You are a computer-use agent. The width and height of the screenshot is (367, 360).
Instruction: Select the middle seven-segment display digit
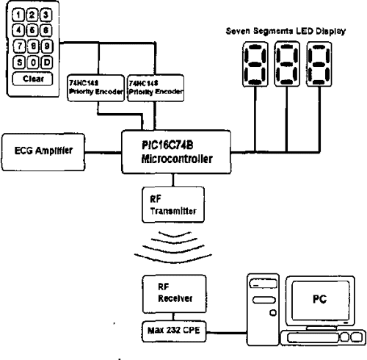[286, 65]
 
